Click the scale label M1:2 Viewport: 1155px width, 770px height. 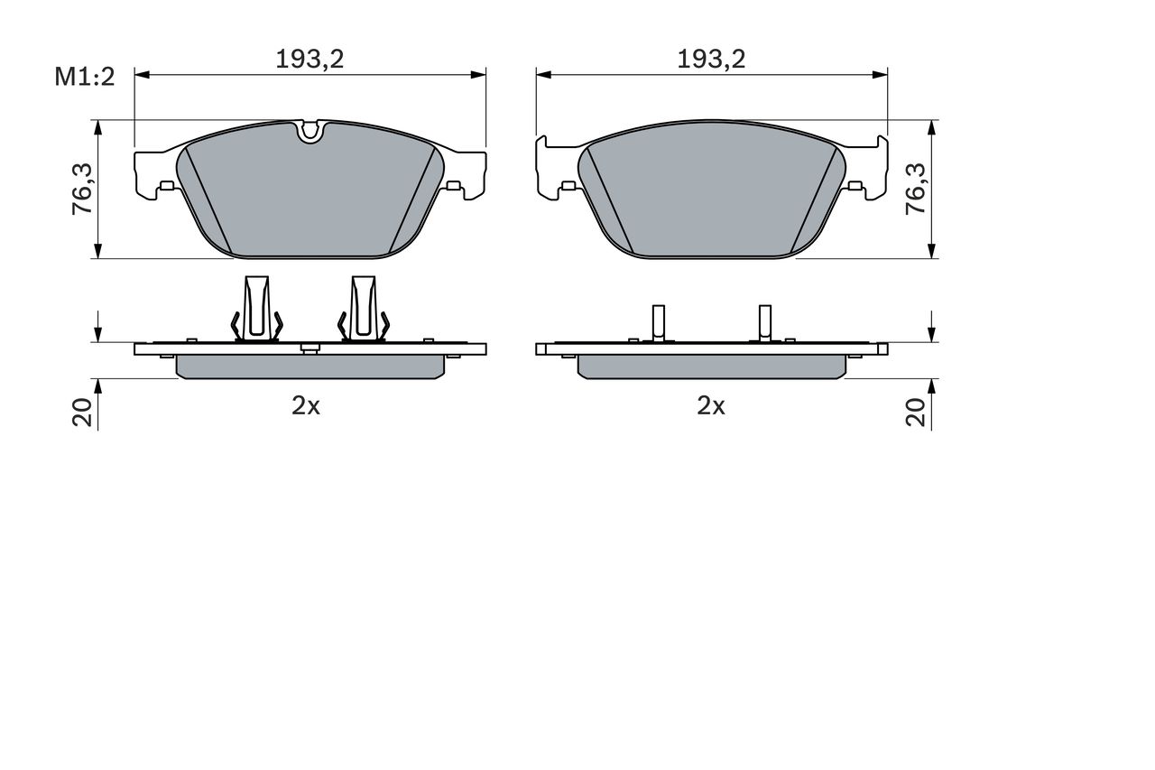click(84, 77)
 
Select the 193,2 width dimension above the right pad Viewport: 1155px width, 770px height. click(712, 59)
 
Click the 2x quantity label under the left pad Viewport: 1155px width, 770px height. click(306, 406)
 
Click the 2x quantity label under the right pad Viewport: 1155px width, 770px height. click(711, 406)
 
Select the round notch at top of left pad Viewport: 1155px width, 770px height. click(310, 132)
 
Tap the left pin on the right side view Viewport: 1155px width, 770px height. click(659, 321)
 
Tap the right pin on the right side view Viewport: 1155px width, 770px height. click(764, 321)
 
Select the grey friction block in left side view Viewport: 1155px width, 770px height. click(310, 366)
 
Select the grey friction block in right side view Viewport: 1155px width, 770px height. click(711, 366)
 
